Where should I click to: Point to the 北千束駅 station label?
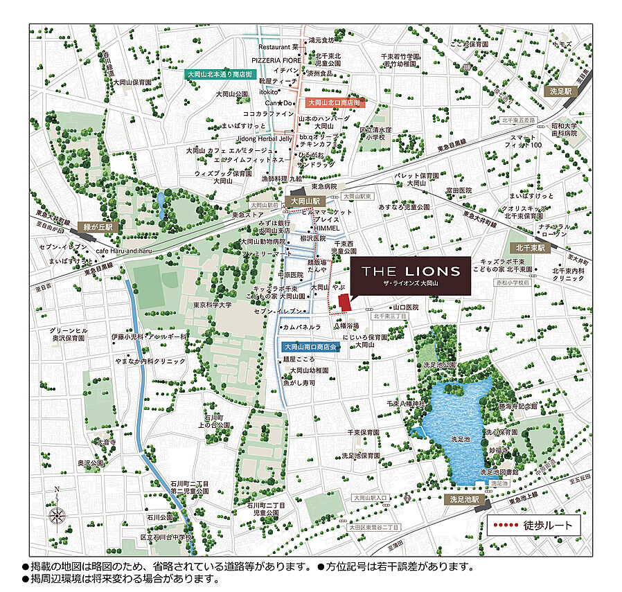point(531,247)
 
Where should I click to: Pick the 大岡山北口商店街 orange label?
point(336,102)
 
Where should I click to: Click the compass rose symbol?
point(58,514)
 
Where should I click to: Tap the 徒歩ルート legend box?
point(533,525)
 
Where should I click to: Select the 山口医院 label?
point(407,307)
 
